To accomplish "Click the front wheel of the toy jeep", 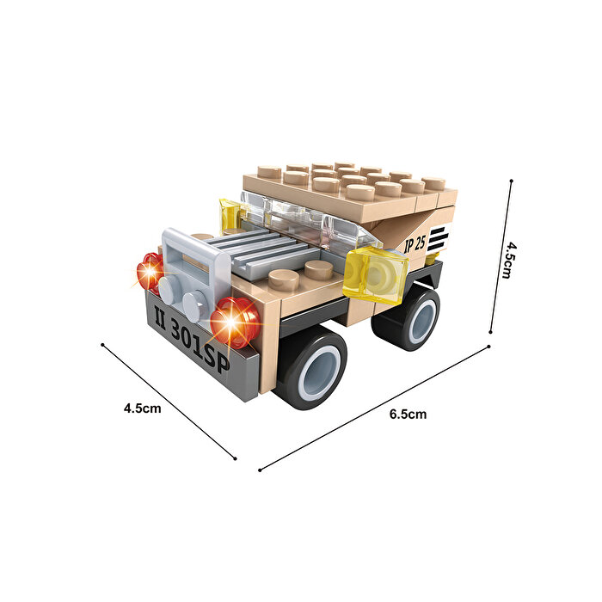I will pos(310,367).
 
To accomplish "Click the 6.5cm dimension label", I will pos(408,414).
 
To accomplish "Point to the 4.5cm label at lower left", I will pos(143,408).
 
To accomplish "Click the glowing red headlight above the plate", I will pos(234,322).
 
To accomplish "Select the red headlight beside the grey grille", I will pos(150,271).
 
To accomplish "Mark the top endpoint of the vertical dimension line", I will pos(512,181).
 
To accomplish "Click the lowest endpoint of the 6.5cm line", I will pos(260,470).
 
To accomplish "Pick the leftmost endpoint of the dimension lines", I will pos(102,346).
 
